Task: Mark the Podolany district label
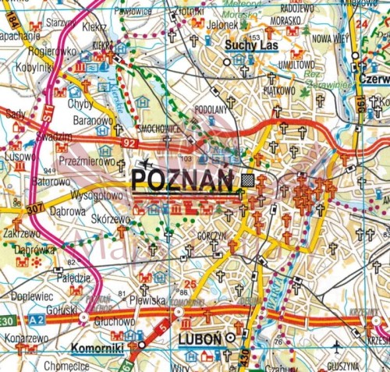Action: point(210,109)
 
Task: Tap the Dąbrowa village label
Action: point(68,209)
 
